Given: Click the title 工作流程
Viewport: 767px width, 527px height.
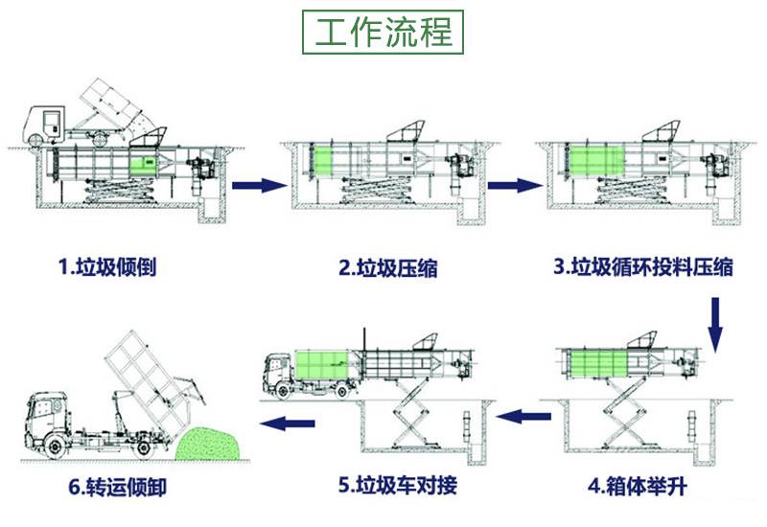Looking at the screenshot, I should [383, 32].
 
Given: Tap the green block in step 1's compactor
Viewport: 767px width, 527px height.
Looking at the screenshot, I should [141, 162].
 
